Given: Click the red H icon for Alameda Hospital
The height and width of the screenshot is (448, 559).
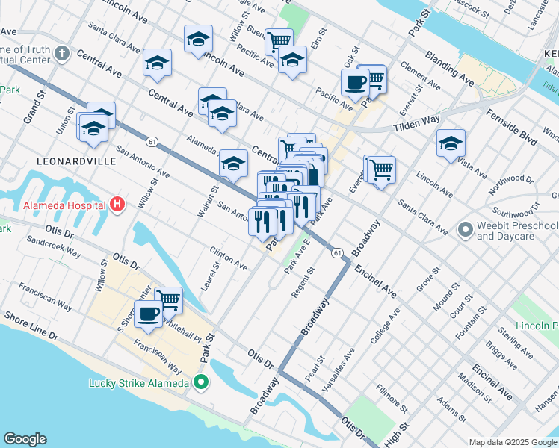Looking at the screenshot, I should [x=117, y=204].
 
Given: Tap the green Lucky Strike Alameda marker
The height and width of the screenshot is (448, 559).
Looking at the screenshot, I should [x=200, y=383].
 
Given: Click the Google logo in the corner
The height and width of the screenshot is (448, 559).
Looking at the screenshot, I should [x=25, y=439].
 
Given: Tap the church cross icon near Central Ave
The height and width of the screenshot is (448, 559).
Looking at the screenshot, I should [x=62, y=54].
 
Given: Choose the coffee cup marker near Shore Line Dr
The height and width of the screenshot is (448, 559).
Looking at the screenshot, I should [x=148, y=314].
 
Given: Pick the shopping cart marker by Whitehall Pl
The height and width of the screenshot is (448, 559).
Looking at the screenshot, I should [x=169, y=300].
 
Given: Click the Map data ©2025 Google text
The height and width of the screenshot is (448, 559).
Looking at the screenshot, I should [x=513, y=442].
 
